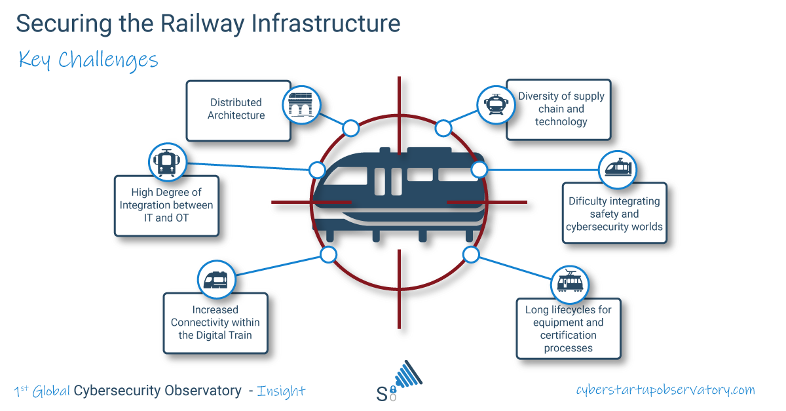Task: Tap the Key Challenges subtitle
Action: point(88,60)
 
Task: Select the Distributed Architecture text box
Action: point(237,109)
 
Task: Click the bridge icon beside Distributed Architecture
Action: point(301,104)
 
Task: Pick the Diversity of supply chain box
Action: point(561,109)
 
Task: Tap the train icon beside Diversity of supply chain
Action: point(494,104)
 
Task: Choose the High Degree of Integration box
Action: point(166,205)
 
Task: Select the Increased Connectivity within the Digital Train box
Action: point(215,323)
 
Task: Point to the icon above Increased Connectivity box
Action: point(216,281)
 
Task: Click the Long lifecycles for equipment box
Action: point(568,328)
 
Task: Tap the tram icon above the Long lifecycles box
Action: point(569,284)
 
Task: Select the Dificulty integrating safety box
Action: point(614,214)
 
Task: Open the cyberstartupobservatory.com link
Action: point(665,389)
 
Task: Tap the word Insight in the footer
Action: point(281,391)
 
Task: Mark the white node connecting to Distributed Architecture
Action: point(351,128)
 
